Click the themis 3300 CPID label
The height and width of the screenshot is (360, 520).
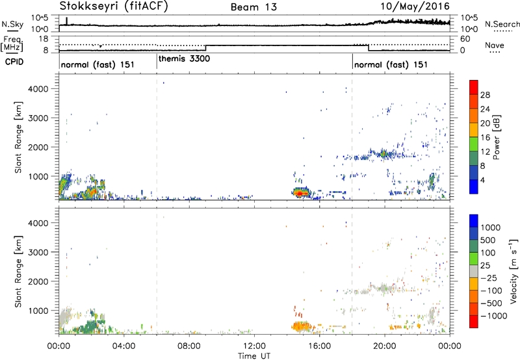click(183, 58)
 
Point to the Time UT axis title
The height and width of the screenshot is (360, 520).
click(254, 356)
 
